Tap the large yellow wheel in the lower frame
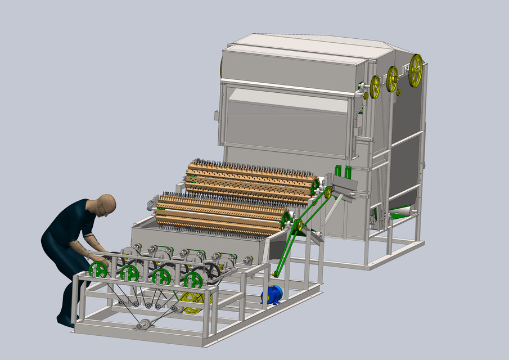pos(192,302)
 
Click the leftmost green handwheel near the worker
pos(98,270)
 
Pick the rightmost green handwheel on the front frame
pos(193,279)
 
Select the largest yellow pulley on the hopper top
pos(416,70)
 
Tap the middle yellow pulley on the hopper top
pos(392,79)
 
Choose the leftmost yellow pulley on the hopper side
pos(375,87)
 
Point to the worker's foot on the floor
pos(66,323)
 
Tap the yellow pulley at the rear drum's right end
pos(327,193)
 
